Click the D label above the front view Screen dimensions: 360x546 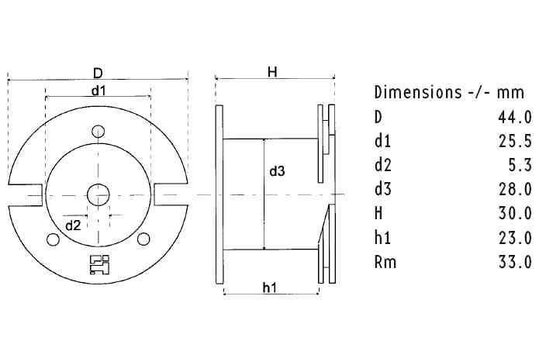(97, 73)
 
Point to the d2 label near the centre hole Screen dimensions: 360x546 (73, 225)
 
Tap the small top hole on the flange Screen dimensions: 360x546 (98, 130)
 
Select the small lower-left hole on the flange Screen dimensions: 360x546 (50, 237)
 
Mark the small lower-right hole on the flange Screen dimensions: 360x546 (146, 237)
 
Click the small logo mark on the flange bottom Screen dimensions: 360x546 (97, 263)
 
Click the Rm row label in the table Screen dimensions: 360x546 (384, 261)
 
